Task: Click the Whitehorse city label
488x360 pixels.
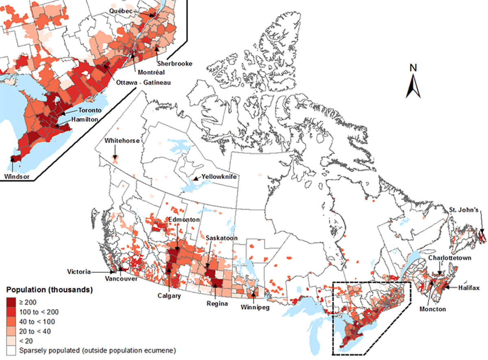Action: pos(122,141)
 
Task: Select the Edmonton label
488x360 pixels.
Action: pos(184,220)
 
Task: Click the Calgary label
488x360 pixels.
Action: pos(169,296)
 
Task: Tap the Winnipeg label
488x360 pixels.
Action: pos(255,307)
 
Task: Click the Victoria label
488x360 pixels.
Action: pos(80,271)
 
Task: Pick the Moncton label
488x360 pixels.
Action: pos(432,309)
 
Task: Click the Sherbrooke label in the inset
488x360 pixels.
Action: pos(173,64)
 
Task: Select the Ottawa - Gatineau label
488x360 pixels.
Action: pos(144,83)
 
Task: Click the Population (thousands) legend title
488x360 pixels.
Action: pos(49,290)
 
